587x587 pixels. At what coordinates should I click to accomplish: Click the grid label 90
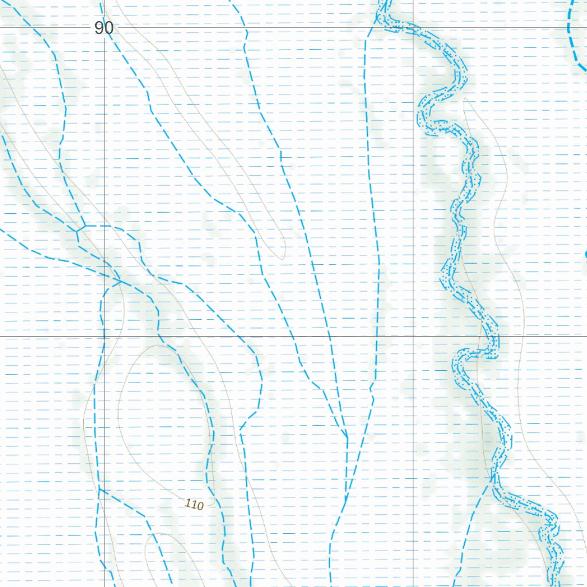coord(104,28)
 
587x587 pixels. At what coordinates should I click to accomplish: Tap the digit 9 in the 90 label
coord(99,28)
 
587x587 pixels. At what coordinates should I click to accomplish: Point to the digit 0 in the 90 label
coord(108,28)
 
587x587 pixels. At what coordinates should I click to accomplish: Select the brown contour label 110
coord(194,505)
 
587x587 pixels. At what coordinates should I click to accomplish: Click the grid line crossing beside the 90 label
coord(104,27)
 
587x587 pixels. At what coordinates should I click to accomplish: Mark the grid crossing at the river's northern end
coord(413,27)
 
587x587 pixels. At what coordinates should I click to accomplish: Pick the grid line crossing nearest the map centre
coord(413,336)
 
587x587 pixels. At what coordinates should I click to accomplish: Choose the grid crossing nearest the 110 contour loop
coord(104,336)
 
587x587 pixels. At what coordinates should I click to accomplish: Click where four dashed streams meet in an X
coord(117,280)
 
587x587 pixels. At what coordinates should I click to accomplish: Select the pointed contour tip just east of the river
coord(464,99)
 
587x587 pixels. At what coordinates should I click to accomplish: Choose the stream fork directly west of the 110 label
coord(100,488)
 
